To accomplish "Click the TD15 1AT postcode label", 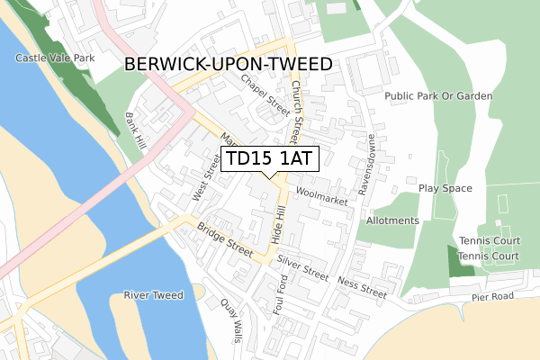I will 269,159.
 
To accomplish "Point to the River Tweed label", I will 154,295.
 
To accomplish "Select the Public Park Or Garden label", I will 438,95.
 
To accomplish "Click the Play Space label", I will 445,188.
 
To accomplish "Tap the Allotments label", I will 392,220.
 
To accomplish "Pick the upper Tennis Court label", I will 489,240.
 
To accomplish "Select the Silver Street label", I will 302,265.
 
